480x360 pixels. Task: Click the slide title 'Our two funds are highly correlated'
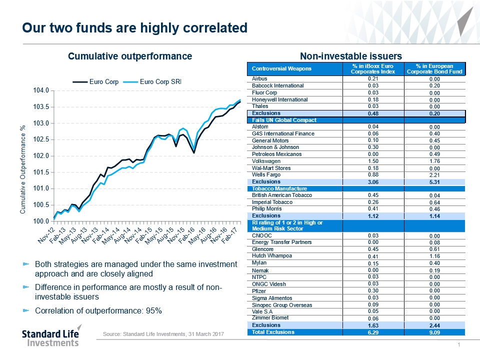click(135, 28)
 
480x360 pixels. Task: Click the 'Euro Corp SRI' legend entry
click(159, 82)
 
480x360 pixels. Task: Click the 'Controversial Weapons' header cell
click(275, 68)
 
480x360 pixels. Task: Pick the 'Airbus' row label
click(260, 79)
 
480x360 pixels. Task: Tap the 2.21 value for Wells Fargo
click(434, 175)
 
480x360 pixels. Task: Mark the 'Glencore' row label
click(262, 249)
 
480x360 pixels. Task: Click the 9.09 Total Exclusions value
click(434, 332)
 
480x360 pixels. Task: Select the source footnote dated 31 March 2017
click(163, 334)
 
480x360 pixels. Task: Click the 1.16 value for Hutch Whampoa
click(434, 256)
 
